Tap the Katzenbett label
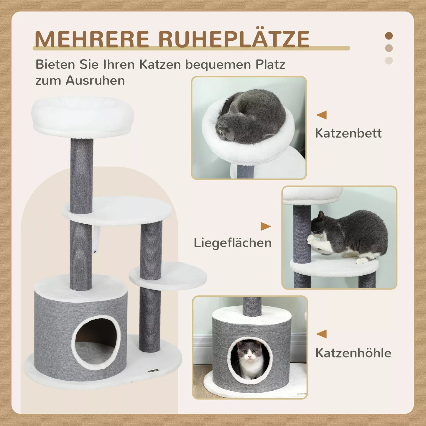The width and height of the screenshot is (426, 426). point(348,133)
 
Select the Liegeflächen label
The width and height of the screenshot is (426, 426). point(233,243)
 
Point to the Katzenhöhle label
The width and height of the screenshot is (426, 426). point(353,353)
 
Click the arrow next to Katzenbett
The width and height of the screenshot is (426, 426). point(322,115)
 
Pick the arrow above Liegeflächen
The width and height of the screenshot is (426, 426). point(265,226)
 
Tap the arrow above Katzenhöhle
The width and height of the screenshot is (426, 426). point(322,334)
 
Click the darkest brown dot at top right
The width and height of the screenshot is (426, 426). point(389,36)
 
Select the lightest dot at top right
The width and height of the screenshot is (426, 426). point(389,60)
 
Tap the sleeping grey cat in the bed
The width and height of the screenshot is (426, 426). point(251,118)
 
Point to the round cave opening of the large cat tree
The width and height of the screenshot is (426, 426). point(96,342)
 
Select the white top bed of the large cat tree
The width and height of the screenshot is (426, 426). point(83,116)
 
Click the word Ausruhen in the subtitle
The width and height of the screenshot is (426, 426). point(95,80)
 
